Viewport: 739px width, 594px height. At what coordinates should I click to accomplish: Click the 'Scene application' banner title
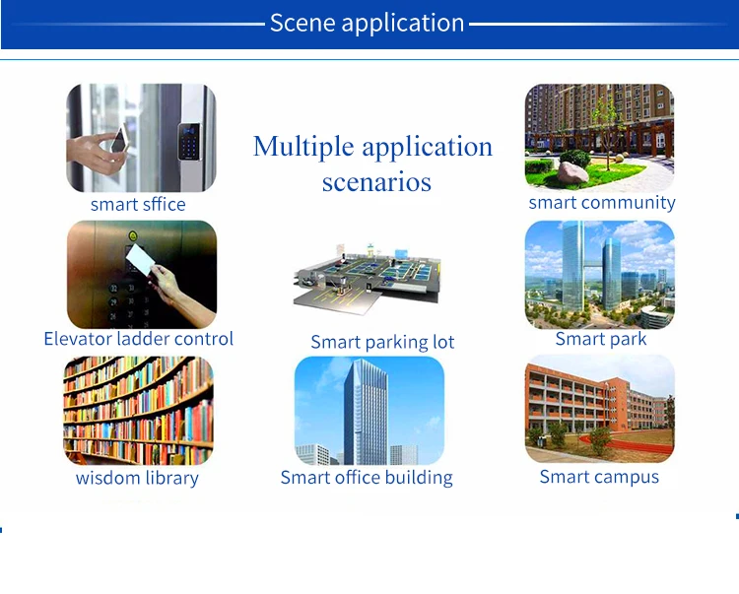[367, 23]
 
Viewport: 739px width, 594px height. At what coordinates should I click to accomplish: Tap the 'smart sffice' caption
[138, 205]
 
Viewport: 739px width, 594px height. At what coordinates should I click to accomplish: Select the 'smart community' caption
[602, 203]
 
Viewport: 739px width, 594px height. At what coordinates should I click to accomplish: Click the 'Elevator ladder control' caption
[139, 339]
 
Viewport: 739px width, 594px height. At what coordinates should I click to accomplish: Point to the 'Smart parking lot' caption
[382, 342]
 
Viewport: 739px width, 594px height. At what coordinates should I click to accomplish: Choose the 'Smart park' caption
[601, 339]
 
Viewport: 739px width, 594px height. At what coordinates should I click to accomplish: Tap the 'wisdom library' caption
[137, 478]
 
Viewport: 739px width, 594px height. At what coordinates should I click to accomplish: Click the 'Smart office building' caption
[367, 477]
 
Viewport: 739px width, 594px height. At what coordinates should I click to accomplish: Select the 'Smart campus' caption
[599, 477]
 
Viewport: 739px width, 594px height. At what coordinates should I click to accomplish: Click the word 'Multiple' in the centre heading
[303, 146]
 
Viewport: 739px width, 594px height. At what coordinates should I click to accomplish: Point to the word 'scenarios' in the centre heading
[376, 182]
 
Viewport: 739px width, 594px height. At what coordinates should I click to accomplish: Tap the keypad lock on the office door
[189, 142]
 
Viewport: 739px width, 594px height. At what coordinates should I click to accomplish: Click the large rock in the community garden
[572, 172]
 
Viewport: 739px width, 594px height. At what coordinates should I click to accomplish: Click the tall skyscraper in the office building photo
[366, 412]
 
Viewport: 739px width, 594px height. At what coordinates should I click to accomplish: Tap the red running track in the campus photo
[627, 444]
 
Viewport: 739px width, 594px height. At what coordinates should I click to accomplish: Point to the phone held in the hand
[120, 139]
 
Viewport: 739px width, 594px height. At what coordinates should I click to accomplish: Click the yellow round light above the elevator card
[133, 235]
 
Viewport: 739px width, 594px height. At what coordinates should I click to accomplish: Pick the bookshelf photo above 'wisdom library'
[138, 411]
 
